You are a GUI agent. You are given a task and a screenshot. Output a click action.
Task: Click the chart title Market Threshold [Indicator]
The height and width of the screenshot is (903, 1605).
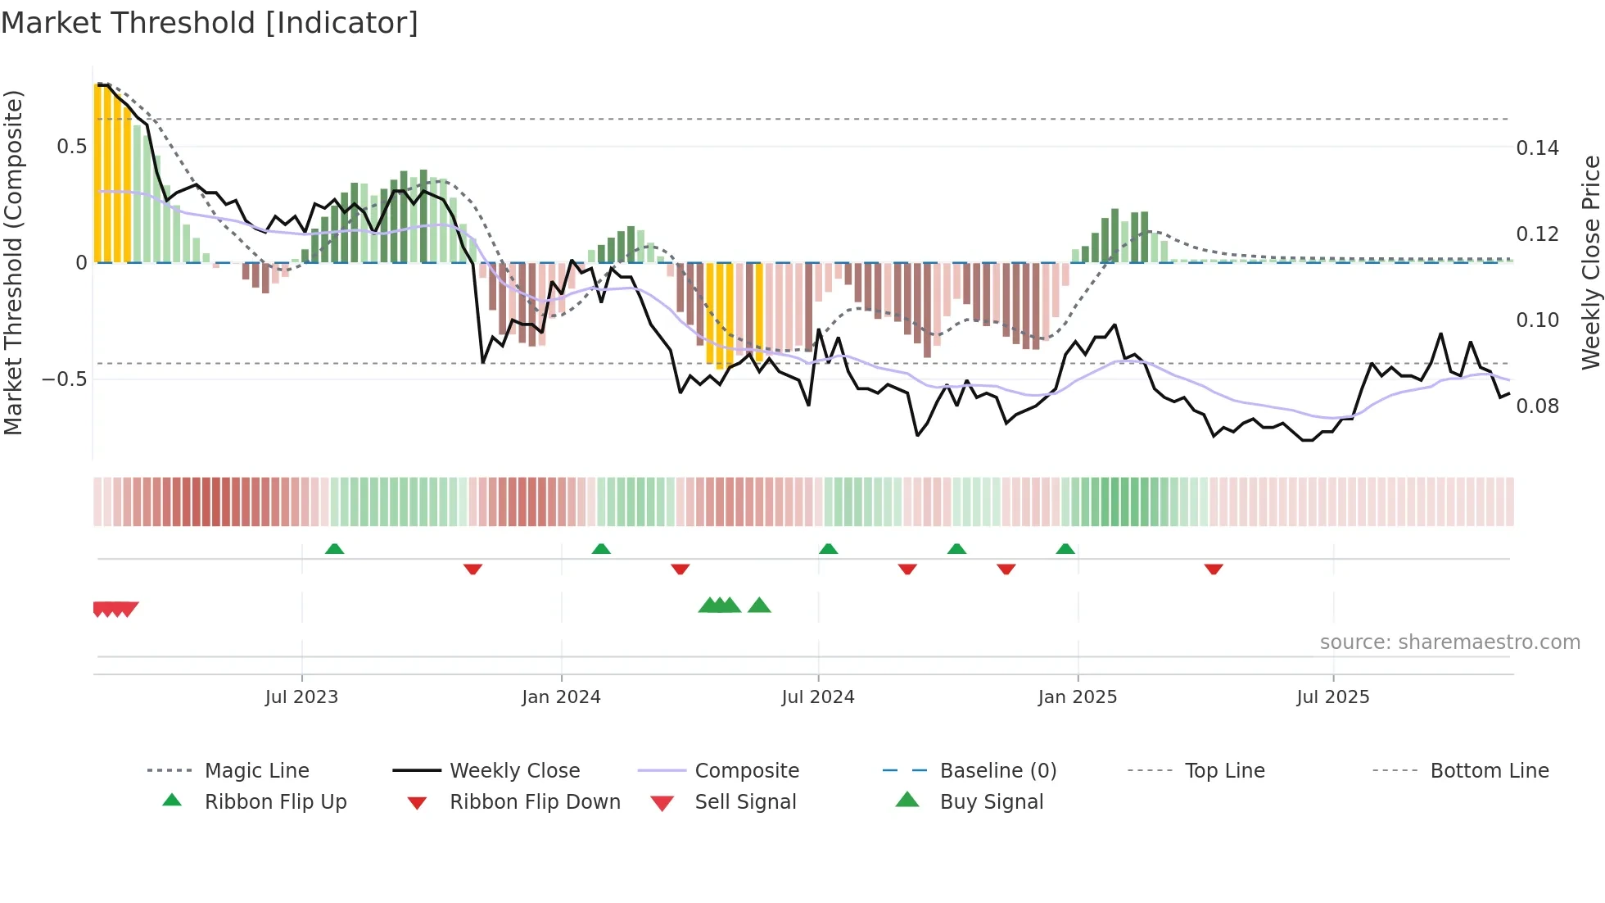pos(210,23)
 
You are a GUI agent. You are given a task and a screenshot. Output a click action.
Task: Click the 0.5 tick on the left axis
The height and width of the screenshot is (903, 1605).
pos(71,147)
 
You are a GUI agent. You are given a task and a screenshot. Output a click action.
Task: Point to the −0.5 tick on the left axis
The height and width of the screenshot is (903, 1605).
pos(64,379)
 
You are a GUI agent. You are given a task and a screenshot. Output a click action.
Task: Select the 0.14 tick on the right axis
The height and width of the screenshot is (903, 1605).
pos(1537,148)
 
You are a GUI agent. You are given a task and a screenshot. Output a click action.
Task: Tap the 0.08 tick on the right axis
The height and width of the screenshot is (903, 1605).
pos(1537,406)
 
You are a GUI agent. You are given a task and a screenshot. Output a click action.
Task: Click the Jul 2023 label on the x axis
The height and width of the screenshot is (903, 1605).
pos(301,697)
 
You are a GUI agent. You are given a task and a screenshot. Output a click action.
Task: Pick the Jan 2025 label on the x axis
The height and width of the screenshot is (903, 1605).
pos(1077,697)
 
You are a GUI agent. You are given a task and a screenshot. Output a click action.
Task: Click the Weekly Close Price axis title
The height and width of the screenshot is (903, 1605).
pos(1590,262)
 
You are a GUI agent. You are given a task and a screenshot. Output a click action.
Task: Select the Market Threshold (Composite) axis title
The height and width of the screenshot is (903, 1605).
pos(13,262)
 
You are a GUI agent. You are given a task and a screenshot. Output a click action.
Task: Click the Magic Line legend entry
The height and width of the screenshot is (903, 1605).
pos(256,771)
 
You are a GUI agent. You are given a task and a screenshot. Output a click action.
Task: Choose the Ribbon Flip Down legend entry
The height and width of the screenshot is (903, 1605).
pos(535,802)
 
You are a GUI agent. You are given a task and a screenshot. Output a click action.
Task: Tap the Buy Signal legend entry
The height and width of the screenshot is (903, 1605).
pos(991,802)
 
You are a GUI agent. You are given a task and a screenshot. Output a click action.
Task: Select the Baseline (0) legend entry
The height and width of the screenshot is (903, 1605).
pos(997,771)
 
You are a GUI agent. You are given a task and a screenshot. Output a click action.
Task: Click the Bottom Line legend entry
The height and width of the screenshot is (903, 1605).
pos(1489,771)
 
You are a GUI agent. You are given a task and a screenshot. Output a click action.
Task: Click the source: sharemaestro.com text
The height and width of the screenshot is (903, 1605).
pos(1449,642)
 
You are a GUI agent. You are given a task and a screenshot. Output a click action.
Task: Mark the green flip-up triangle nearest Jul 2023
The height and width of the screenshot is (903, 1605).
pos(334,549)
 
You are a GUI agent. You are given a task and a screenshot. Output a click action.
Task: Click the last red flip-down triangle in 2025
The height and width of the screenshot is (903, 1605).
pos(1214,569)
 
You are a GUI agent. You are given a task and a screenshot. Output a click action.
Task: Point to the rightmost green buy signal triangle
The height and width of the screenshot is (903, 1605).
pos(759,606)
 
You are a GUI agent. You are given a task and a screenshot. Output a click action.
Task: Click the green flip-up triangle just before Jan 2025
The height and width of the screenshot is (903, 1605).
pos(1065,549)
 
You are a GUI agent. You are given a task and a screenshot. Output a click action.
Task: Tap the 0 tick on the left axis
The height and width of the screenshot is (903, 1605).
pos(81,263)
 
